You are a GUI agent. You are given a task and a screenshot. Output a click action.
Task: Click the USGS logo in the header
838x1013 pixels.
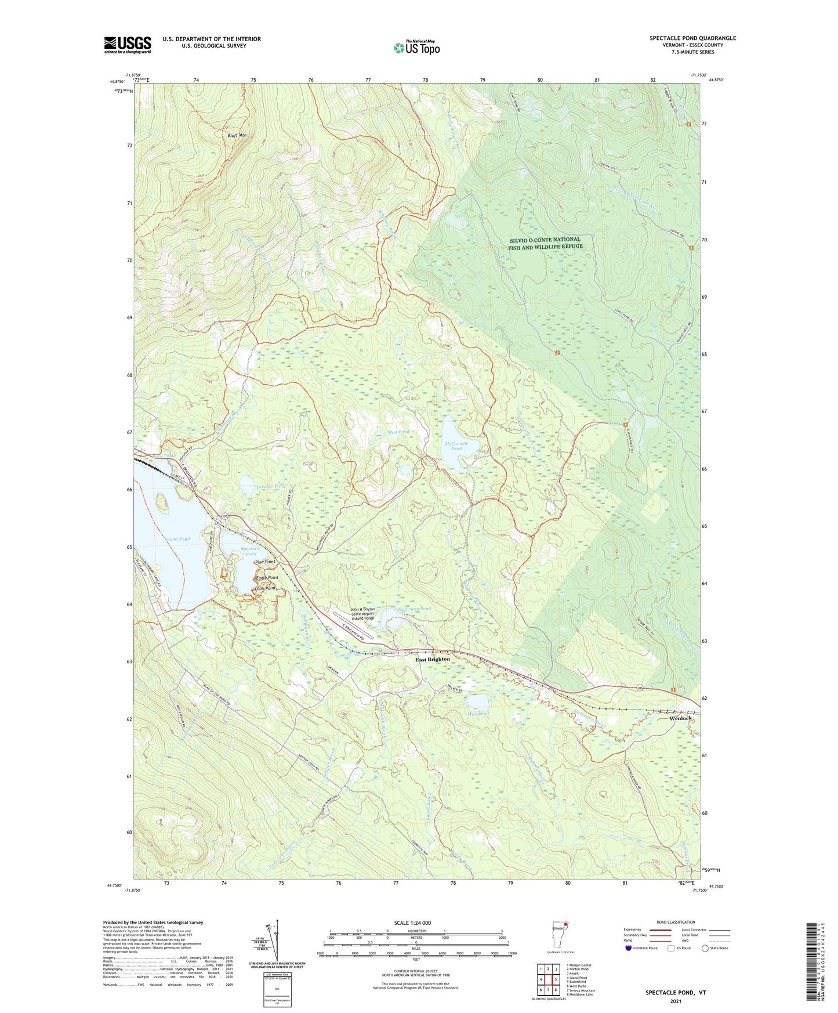pyautogui.click(x=128, y=45)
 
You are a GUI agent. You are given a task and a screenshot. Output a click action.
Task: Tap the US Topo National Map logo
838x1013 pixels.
pyautogui.click(x=416, y=47)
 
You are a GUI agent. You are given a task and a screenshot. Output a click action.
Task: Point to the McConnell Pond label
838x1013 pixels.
pyautogui.click(x=456, y=446)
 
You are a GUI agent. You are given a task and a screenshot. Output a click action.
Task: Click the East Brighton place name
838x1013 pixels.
pyautogui.click(x=433, y=659)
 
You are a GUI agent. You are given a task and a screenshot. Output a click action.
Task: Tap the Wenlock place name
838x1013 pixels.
pyautogui.click(x=680, y=718)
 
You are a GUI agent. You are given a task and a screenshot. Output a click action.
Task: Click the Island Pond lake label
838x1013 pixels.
pyautogui.click(x=177, y=539)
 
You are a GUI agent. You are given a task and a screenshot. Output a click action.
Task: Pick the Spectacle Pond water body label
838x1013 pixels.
pyautogui.click(x=251, y=551)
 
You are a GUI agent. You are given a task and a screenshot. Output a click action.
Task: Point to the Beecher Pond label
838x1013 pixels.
pyautogui.click(x=271, y=486)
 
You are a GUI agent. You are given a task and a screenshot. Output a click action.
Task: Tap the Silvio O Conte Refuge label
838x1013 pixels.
pyautogui.click(x=545, y=243)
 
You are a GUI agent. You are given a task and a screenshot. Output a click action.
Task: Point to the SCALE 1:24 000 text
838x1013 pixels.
pyautogui.click(x=412, y=923)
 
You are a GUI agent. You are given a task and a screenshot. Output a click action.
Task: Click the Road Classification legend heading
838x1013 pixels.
pyautogui.click(x=676, y=922)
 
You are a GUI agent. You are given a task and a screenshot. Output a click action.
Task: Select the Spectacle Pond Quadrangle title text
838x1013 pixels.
pyautogui.click(x=692, y=38)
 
